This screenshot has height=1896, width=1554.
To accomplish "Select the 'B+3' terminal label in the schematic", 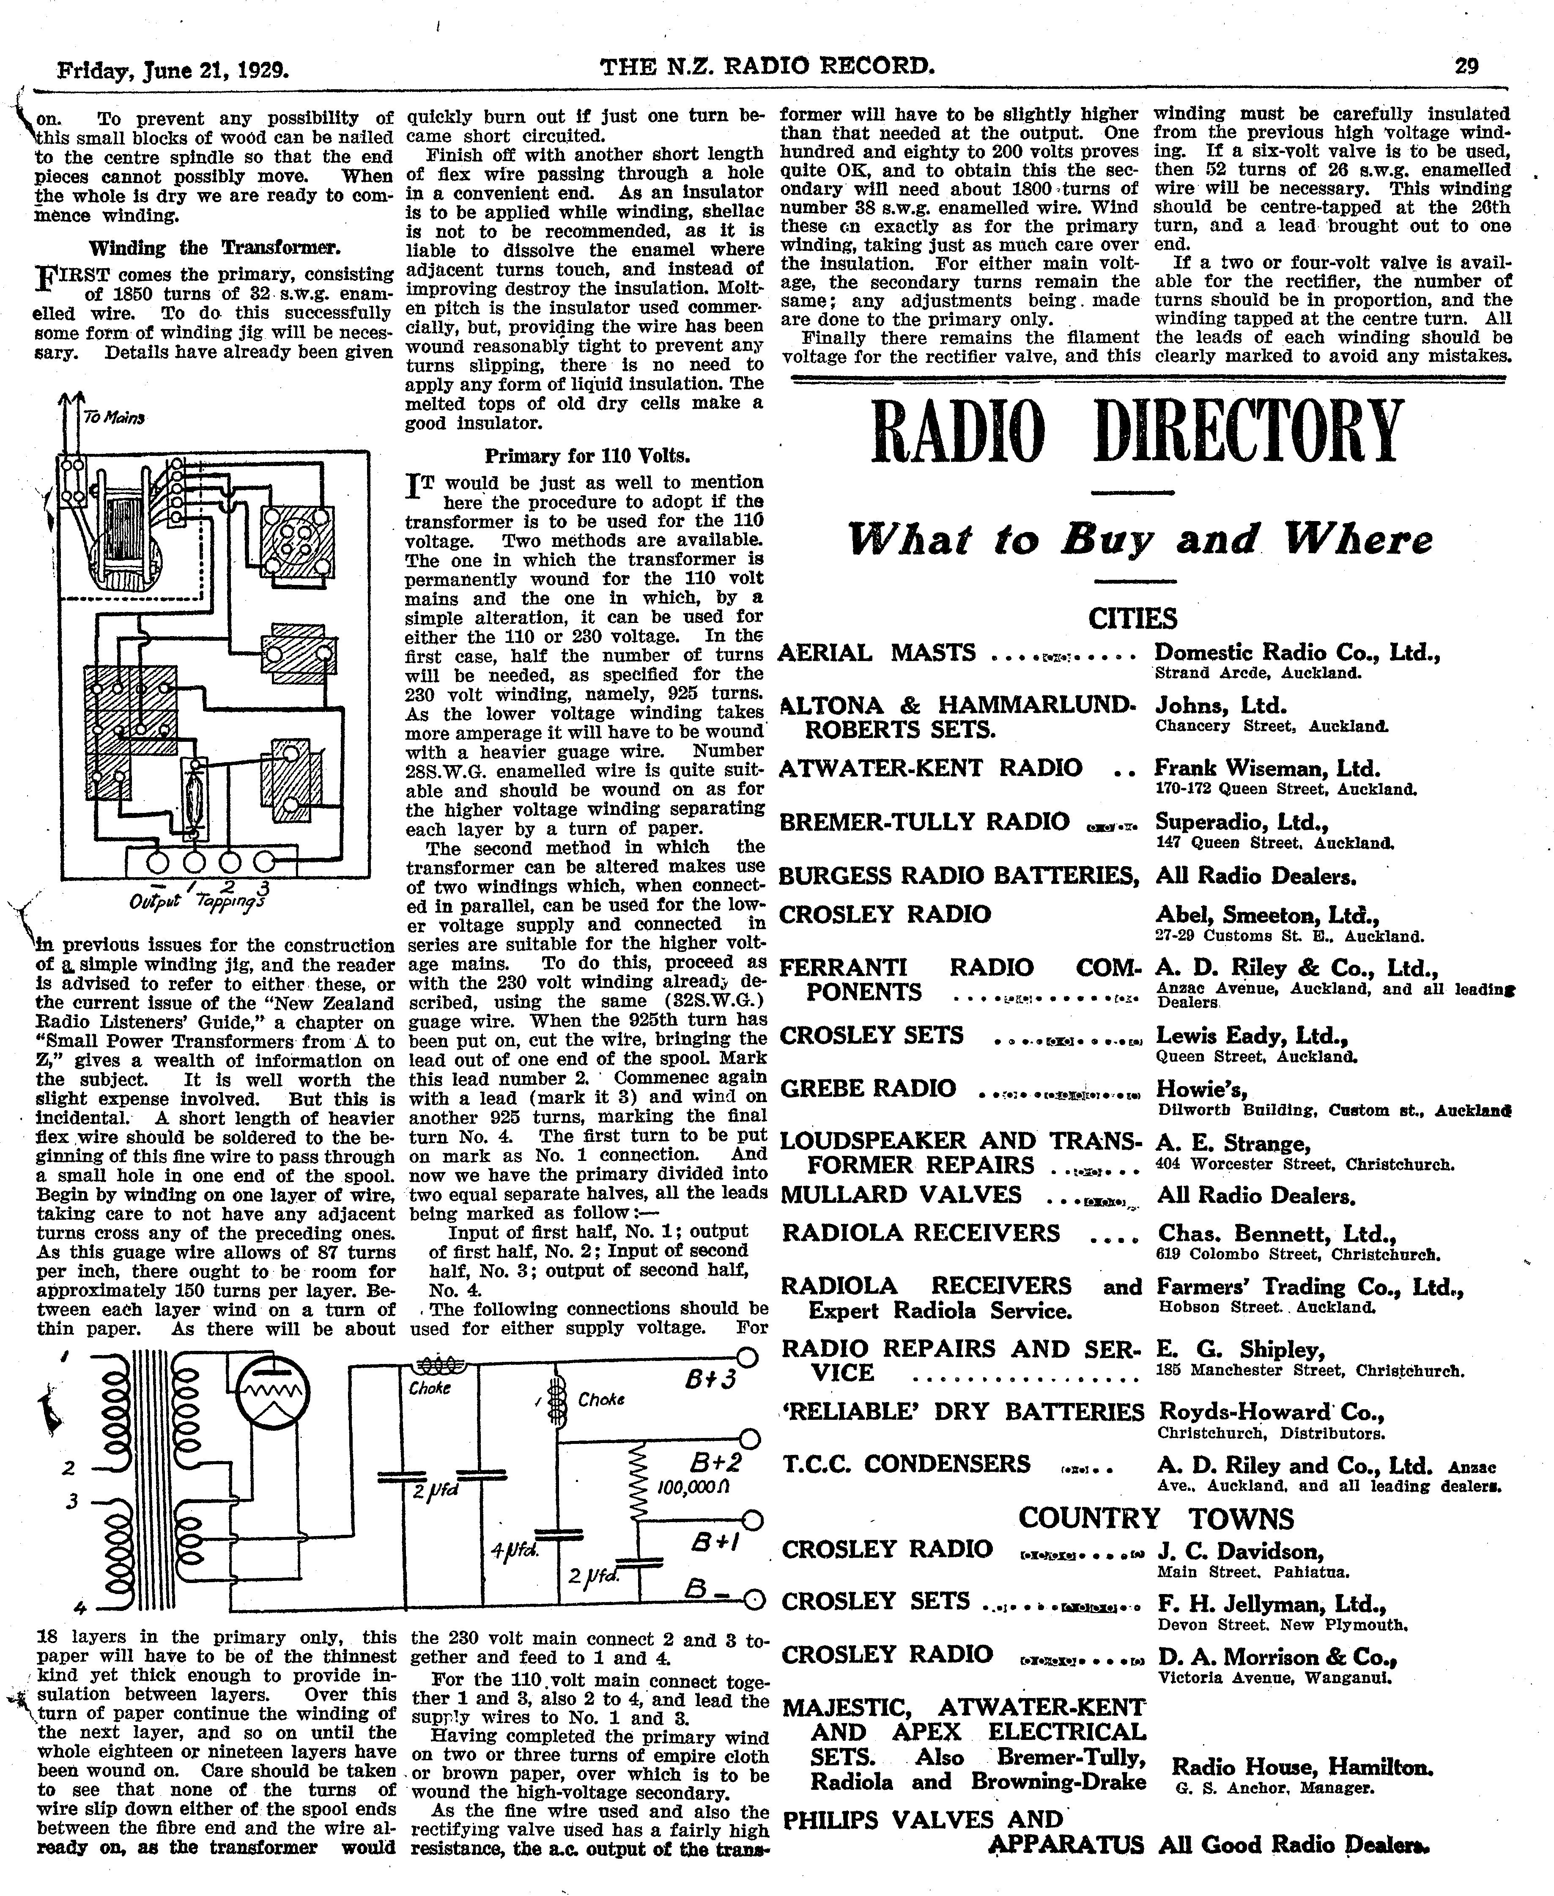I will [710, 1380].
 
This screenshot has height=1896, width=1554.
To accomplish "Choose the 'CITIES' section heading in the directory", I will [1132, 619].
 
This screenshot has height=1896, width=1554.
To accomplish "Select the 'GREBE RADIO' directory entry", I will [868, 1089].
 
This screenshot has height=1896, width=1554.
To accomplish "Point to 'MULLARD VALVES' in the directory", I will [901, 1195].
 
